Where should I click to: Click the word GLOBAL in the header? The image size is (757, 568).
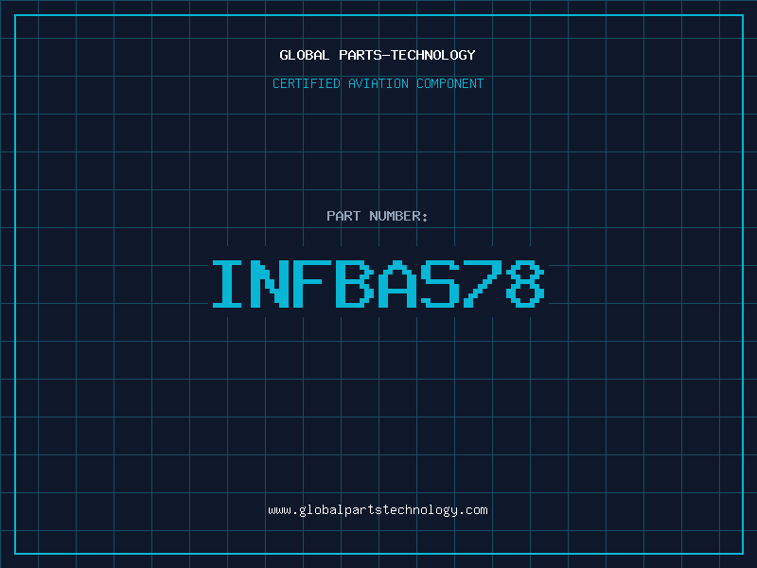click(304, 55)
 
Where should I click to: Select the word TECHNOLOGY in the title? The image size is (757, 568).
click(433, 56)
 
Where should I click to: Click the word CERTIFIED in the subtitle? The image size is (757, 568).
click(306, 83)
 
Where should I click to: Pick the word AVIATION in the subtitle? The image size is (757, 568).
click(378, 83)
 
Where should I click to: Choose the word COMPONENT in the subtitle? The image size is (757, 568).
click(450, 83)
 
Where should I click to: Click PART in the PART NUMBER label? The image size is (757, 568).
click(343, 216)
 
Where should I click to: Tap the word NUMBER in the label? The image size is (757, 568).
click(395, 216)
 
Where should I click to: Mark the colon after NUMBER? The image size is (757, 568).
click(425, 218)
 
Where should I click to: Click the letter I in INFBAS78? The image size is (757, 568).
click(227, 283)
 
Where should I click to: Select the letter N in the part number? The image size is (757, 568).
click(270, 283)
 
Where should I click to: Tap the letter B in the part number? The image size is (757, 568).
click(354, 283)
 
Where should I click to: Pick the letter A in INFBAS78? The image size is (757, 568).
click(396, 283)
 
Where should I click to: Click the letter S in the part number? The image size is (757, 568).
click(439, 283)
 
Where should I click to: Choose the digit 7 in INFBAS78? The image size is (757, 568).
click(482, 283)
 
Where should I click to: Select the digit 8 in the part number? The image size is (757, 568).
click(525, 283)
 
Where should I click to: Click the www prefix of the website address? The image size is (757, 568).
click(279, 511)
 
